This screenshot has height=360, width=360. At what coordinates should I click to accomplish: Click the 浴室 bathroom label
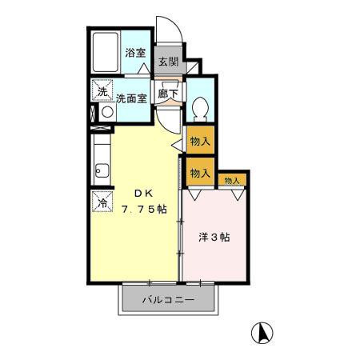(x=135, y=54)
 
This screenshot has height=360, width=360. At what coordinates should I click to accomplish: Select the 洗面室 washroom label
(x=131, y=99)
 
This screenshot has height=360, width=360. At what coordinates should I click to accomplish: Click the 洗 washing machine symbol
(x=102, y=91)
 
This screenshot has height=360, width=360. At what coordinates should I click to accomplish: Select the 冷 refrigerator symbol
(x=102, y=202)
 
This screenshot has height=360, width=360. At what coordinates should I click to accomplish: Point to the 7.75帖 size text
(x=145, y=210)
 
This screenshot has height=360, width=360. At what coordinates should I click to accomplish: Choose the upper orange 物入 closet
(x=200, y=141)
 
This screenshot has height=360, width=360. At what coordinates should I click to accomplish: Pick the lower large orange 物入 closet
(x=200, y=171)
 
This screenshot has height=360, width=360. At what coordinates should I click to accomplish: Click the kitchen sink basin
(x=102, y=169)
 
